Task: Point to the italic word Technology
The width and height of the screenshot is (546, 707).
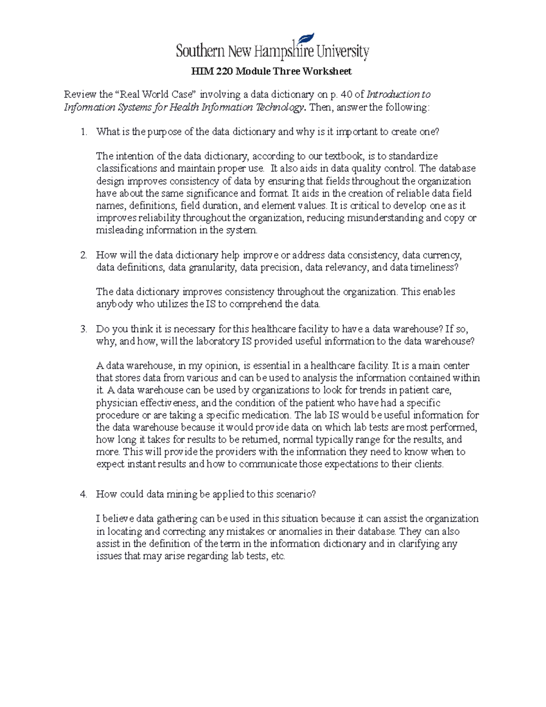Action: click(280, 107)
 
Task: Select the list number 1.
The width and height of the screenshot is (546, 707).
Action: click(83, 132)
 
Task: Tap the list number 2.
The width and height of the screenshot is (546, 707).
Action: click(83, 255)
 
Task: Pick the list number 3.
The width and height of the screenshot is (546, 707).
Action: click(83, 329)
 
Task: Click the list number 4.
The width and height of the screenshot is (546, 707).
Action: click(83, 494)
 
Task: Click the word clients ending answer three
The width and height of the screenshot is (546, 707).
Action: click(428, 464)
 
